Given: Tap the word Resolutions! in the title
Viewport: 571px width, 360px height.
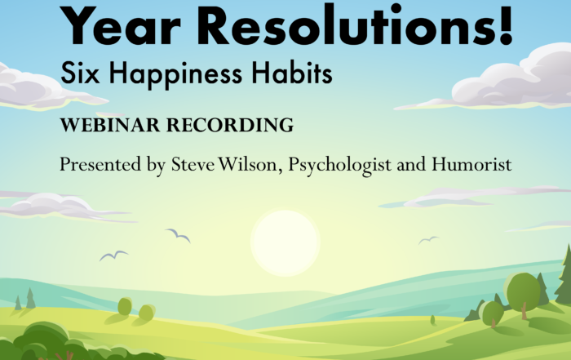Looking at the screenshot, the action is tap(356, 24).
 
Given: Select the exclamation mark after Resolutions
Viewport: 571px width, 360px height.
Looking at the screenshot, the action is tap(507, 24).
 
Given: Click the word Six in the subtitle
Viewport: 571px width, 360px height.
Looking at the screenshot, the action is tap(80, 73).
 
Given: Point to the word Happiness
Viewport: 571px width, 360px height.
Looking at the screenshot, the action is tap(175, 74).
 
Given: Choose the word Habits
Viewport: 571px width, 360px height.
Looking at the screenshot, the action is tap(292, 72).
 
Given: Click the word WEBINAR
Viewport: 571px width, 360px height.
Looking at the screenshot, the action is tap(110, 125).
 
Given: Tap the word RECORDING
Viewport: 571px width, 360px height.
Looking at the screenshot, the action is tap(230, 125).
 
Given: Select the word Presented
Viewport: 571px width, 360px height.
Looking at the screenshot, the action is tap(100, 164).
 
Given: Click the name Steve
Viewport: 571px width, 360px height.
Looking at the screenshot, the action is tap(193, 164).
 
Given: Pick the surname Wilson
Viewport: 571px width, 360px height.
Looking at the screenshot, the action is tap(248, 164).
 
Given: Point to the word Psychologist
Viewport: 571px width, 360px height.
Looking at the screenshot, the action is tap(339, 166).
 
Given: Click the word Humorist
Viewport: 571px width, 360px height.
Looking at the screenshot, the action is tap(471, 164).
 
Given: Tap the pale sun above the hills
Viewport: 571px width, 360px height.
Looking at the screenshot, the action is tap(285, 242).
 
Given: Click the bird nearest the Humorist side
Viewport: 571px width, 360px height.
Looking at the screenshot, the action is tap(428, 240).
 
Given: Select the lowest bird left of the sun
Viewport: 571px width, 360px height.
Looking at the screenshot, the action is tap(113, 256).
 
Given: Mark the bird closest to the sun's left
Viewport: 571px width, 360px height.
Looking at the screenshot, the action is tap(178, 235).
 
